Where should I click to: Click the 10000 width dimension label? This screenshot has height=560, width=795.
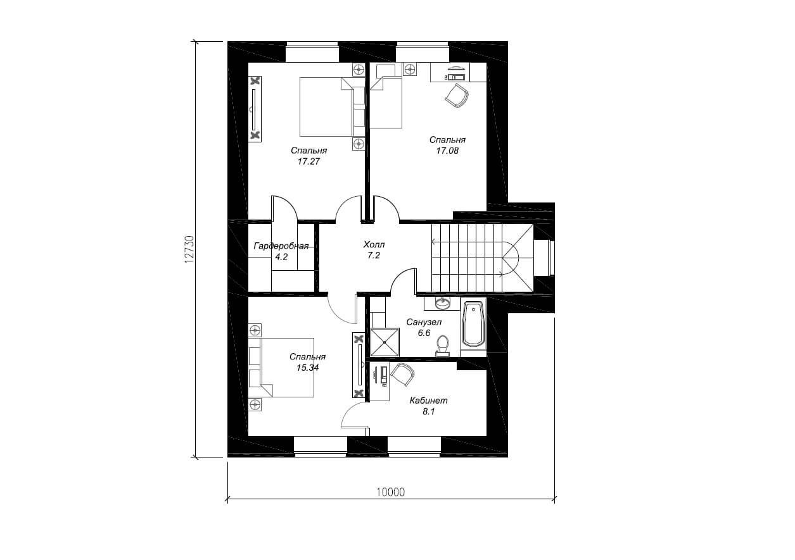tap(390, 492)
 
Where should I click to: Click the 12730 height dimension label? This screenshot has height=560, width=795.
tap(189, 249)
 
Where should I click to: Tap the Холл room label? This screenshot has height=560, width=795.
tap(374, 244)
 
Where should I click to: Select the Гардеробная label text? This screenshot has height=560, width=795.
tap(281, 246)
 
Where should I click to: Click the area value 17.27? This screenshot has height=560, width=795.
tap(308, 161)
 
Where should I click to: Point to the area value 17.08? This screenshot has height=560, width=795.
tap(447, 151)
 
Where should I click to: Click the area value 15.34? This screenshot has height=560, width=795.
tap(307, 368)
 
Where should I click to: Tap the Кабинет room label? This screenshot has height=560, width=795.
tap(429, 401)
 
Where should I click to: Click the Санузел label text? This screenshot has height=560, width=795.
tap(424, 322)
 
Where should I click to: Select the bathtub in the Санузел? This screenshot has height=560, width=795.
tap(473, 324)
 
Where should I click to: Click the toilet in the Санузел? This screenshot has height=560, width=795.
tap(443, 345)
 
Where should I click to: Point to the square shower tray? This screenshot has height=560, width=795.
tap(385, 342)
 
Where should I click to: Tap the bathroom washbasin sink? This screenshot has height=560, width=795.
tap(442, 303)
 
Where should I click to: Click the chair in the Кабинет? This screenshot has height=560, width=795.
tap(403, 374)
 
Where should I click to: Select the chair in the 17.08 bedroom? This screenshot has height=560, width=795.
tap(457, 96)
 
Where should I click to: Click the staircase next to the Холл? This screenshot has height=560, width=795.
tap(482, 258)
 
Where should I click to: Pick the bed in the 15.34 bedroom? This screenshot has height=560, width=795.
tap(281, 367)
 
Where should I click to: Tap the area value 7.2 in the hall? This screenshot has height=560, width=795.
tap(374, 256)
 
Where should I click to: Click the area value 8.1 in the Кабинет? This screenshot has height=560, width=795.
tap(429, 412)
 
